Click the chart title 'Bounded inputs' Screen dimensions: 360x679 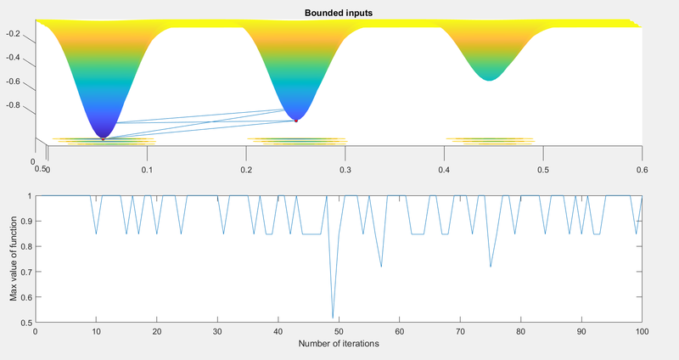[338, 13]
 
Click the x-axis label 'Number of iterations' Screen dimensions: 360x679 [338, 345]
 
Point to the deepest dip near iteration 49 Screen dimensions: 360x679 [333, 317]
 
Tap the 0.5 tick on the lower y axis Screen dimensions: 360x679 [25, 323]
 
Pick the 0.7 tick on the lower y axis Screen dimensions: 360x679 [25, 273]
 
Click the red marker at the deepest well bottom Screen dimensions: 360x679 [104, 138]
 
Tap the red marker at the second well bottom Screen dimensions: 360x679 [296, 121]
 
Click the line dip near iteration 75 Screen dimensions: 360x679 [491, 267]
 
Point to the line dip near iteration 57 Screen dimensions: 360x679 [381, 267]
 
